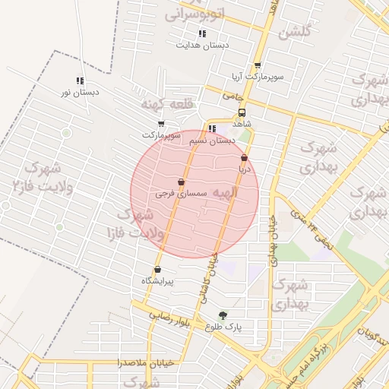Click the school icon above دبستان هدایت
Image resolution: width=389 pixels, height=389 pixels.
(x=202, y=33)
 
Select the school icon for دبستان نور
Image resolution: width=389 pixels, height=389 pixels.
(x=80, y=81)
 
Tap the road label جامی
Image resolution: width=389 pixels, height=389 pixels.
(x=231, y=96)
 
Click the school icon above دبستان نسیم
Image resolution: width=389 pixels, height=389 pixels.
(x=212, y=129)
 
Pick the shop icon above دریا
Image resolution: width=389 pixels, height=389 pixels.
(x=244, y=158)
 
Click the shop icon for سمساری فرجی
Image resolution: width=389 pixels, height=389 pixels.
(x=180, y=183)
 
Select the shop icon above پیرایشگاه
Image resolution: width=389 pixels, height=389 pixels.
(x=157, y=270)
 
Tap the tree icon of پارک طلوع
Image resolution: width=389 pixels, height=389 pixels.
(x=223, y=315)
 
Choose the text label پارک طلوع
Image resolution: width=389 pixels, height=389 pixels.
(x=223, y=327)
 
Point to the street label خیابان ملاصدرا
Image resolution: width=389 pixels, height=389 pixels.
(x=146, y=362)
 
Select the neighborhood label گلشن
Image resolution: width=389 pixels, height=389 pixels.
(x=294, y=32)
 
